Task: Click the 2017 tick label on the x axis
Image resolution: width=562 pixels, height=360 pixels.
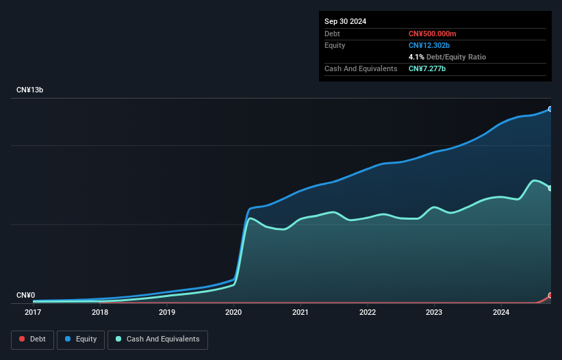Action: point(33,312)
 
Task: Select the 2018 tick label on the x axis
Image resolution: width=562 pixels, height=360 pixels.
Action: point(100,312)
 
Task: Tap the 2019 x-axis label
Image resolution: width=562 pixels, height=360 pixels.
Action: point(167,312)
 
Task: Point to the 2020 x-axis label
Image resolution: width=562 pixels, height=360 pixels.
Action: point(233,312)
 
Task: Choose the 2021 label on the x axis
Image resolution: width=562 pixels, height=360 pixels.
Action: point(301,312)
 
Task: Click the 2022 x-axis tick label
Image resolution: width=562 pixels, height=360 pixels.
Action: point(368,312)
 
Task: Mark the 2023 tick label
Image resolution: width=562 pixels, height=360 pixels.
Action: point(434,312)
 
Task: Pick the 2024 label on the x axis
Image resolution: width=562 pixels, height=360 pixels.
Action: point(501,312)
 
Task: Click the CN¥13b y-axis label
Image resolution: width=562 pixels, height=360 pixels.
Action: point(30,90)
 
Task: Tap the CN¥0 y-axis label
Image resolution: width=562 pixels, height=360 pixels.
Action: point(25,296)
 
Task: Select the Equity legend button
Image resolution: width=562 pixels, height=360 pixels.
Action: point(81,339)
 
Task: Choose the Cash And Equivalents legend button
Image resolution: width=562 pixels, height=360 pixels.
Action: point(157,339)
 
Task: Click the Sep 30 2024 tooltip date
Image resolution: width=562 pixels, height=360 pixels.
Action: point(345,21)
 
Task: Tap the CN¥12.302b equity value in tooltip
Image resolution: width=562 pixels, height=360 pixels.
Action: point(429,45)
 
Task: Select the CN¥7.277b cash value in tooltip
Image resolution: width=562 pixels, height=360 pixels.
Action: point(427,68)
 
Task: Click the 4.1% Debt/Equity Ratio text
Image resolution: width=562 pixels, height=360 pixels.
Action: point(447,57)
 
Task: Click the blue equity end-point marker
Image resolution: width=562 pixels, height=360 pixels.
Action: point(550,109)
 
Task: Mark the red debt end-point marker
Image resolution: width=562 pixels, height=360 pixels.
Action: point(550,296)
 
